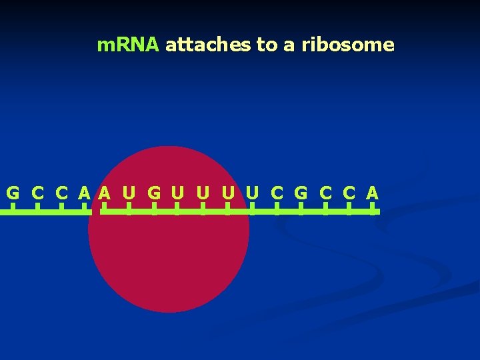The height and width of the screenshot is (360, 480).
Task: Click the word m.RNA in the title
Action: click(x=128, y=45)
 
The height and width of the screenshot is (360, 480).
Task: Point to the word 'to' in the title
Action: click(x=267, y=45)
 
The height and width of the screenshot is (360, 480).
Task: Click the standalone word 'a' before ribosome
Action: click(x=289, y=45)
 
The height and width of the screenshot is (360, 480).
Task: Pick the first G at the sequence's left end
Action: click(x=13, y=193)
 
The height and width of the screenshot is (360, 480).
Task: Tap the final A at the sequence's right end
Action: click(x=372, y=193)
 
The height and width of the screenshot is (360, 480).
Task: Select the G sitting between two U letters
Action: click(x=153, y=193)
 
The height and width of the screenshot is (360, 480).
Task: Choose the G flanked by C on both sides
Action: click(x=301, y=193)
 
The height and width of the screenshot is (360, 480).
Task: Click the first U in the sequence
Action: click(x=129, y=193)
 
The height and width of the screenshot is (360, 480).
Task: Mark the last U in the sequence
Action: click(x=252, y=193)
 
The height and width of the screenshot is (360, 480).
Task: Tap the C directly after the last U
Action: click(x=277, y=193)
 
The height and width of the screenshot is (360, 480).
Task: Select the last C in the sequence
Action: click(x=348, y=193)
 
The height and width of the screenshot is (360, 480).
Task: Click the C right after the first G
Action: click(x=37, y=193)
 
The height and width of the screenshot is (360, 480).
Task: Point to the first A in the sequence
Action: click(x=84, y=193)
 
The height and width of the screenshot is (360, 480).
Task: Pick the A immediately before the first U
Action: click(x=104, y=193)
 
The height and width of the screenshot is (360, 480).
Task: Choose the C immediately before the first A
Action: click(x=61, y=193)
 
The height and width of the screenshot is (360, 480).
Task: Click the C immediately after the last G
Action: click(x=325, y=193)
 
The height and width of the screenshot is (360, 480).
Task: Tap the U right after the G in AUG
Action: click(x=177, y=193)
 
